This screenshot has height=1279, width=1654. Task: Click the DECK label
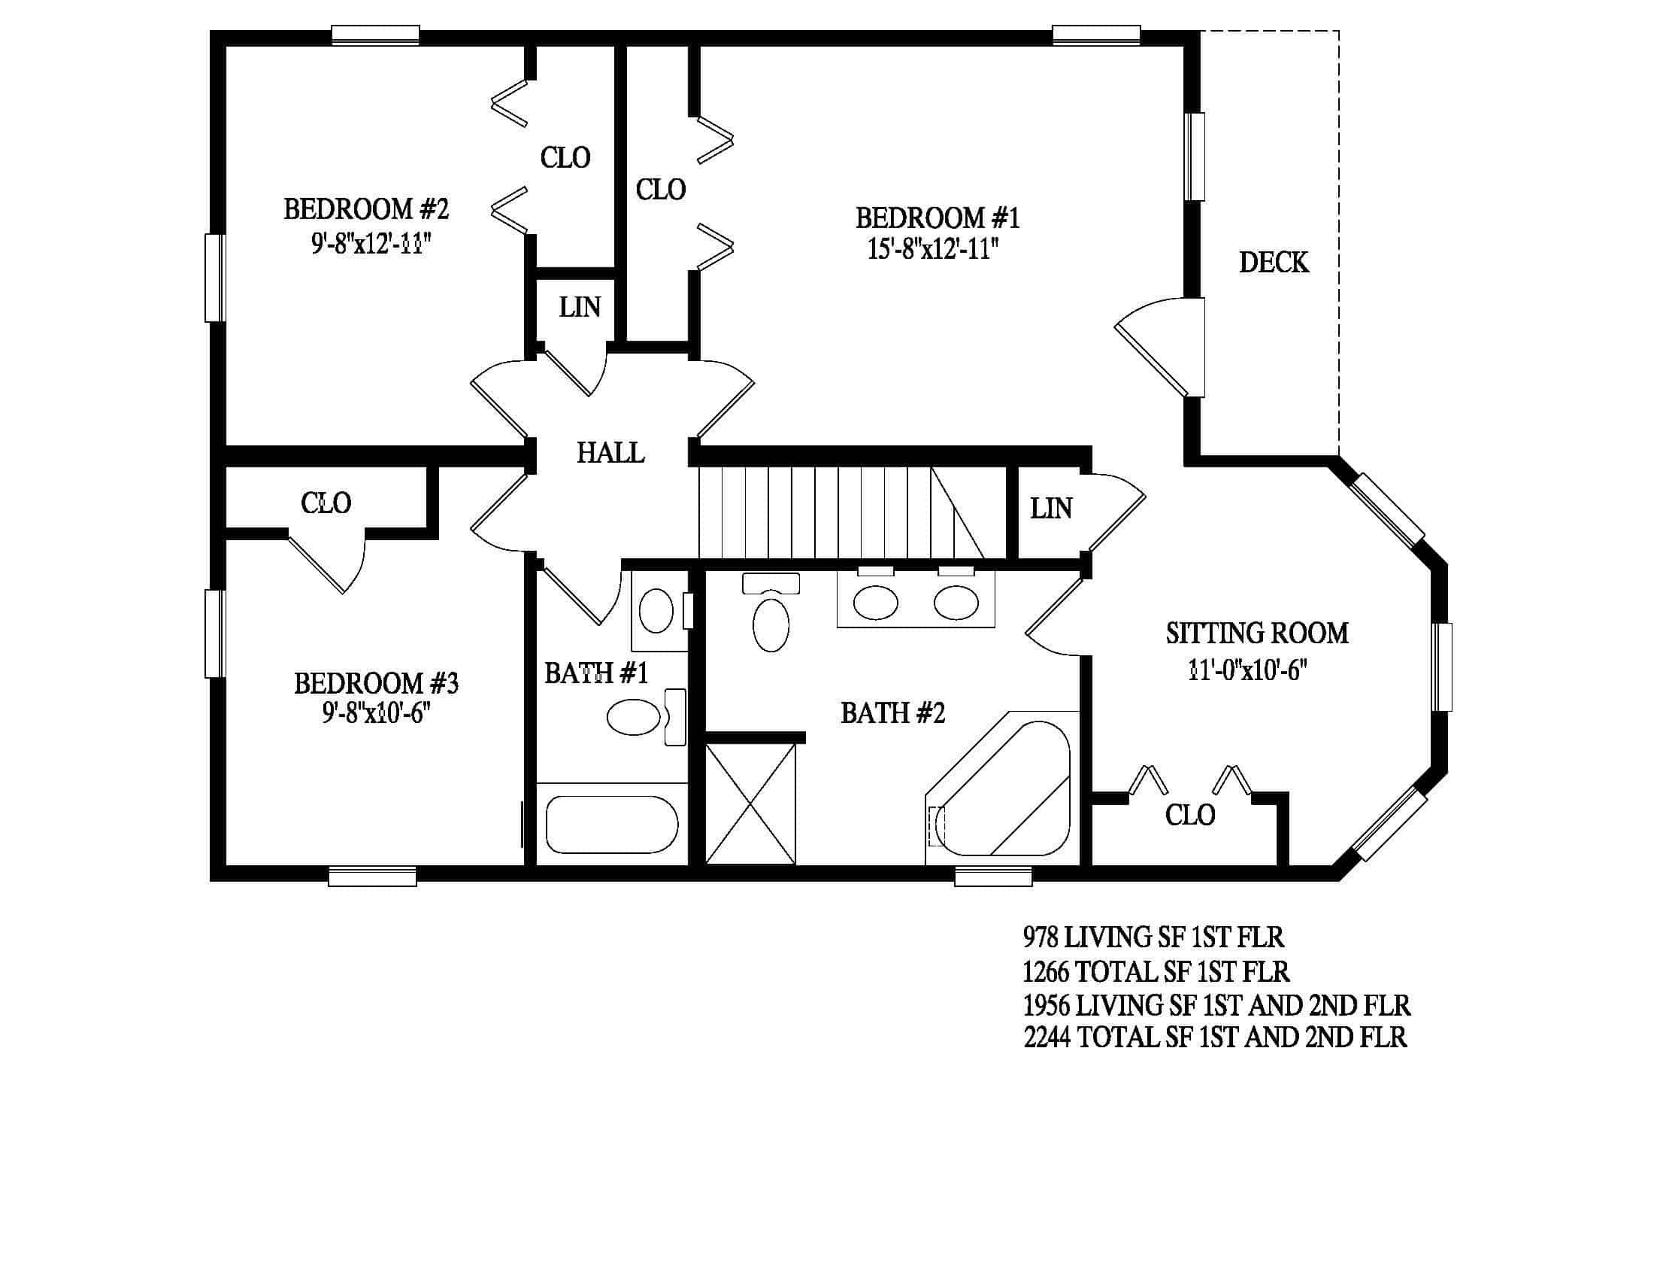click(1273, 262)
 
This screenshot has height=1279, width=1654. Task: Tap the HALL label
click(610, 452)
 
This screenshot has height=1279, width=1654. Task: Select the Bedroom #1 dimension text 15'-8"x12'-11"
click(932, 248)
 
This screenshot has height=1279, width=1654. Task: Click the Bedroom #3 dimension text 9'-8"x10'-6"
click(376, 712)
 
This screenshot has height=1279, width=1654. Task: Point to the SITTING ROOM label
click(1256, 633)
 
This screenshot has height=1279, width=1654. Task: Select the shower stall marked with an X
click(750, 804)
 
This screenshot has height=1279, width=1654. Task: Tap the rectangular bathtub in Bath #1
click(612, 824)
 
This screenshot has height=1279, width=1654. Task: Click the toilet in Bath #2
click(771, 612)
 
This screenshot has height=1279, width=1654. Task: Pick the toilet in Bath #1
click(647, 717)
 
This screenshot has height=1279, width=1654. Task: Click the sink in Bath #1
click(656, 611)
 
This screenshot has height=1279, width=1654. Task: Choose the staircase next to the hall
click(852, 513)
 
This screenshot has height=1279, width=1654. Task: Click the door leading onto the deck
click(1159, 347)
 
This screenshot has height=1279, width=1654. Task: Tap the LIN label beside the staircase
click(1050, 509)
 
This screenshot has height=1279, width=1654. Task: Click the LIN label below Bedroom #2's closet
click(580, 307)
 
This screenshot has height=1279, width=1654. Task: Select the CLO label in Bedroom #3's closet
click(326, 503)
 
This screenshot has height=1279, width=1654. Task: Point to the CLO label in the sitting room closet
click(1190, 816)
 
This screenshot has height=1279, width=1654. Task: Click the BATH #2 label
click(893, 713)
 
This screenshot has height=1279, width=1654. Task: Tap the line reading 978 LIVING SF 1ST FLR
click(1153, 937)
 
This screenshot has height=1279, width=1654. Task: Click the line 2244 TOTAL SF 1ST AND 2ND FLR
click(1215, 1037)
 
